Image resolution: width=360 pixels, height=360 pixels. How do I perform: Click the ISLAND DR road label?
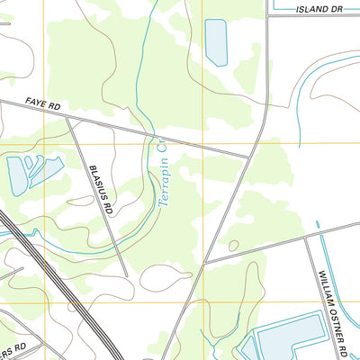click(x=319, y=9)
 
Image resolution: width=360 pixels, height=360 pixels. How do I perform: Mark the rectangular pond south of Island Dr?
click(x=217, y=41)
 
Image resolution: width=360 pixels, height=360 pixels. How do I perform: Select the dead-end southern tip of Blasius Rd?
click(x=126, y=276)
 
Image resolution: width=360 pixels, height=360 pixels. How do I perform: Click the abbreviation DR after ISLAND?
click(x=338, y=9)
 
